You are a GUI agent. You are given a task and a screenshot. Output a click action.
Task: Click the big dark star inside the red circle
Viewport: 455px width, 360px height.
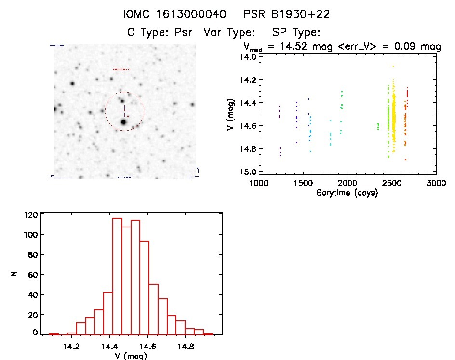(123, 122)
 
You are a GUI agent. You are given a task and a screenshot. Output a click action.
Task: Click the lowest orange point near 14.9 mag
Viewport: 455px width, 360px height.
(405, 160)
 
